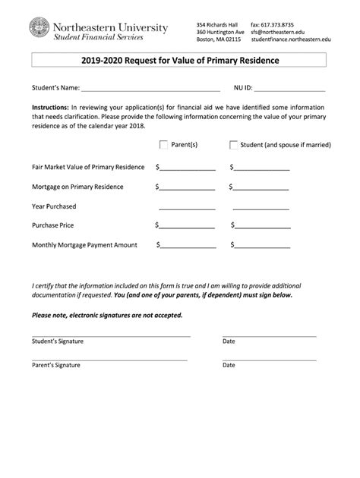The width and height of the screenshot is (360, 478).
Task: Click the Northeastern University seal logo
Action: pyautogui.click(x=39, y=30)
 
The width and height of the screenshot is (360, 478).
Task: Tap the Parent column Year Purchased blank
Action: pyautogui.click(x=187, y=207)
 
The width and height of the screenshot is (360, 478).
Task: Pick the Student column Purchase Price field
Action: pyautogui.click(x=263, y=226)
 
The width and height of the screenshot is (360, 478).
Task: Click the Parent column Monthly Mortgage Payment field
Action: pyautogui.click(x=188, y=246)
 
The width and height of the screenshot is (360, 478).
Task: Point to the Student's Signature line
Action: pyautogui.click(x=111, y=335)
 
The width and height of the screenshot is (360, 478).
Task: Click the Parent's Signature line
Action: pyautogui.click(x=109, y=359)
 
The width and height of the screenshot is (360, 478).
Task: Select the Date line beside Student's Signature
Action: pyautogui.click(x=269, y=335)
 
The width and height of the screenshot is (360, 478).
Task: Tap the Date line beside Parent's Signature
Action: pyautogui.click(x=269, y=359)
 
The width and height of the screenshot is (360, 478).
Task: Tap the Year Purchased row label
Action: pyautogui.click(x=54, y=206)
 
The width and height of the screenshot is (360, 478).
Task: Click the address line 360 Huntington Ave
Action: pyautogui.click(x=219, y=32)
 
